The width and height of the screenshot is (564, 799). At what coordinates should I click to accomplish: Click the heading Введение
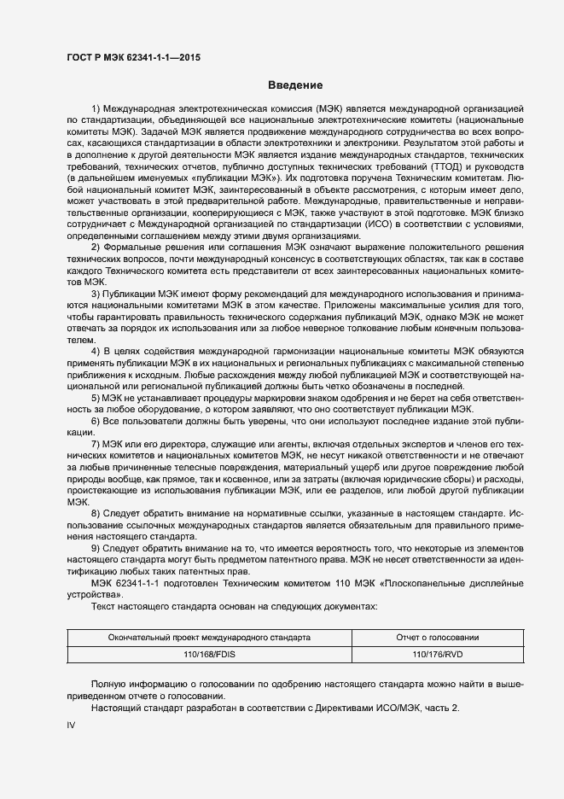(x=295, y=85)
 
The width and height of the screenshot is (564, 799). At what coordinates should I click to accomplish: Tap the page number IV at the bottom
(x=72, y=725)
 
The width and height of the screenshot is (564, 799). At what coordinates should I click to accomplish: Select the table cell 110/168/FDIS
(x=209, y=655)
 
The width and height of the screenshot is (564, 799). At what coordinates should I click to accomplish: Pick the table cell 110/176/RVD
(x=438, y=655)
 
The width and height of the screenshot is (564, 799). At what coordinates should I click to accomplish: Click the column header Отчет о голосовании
(x=438, y=638)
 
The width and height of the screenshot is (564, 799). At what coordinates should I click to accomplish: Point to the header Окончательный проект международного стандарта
(x=209, y=638)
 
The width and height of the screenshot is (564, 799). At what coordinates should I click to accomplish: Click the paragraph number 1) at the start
(x=96, y=109)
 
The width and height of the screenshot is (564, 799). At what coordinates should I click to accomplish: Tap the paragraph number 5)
(x=96, y=398)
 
